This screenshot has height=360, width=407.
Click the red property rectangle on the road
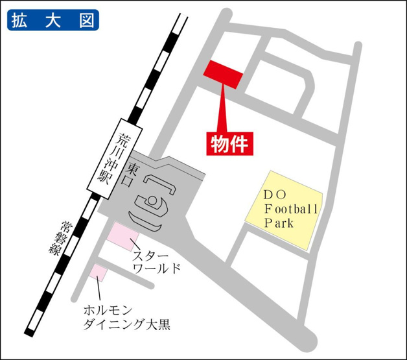pyautogui.click(x=224, y=74)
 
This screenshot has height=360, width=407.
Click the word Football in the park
pyautogui.click(x=291, y=210)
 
